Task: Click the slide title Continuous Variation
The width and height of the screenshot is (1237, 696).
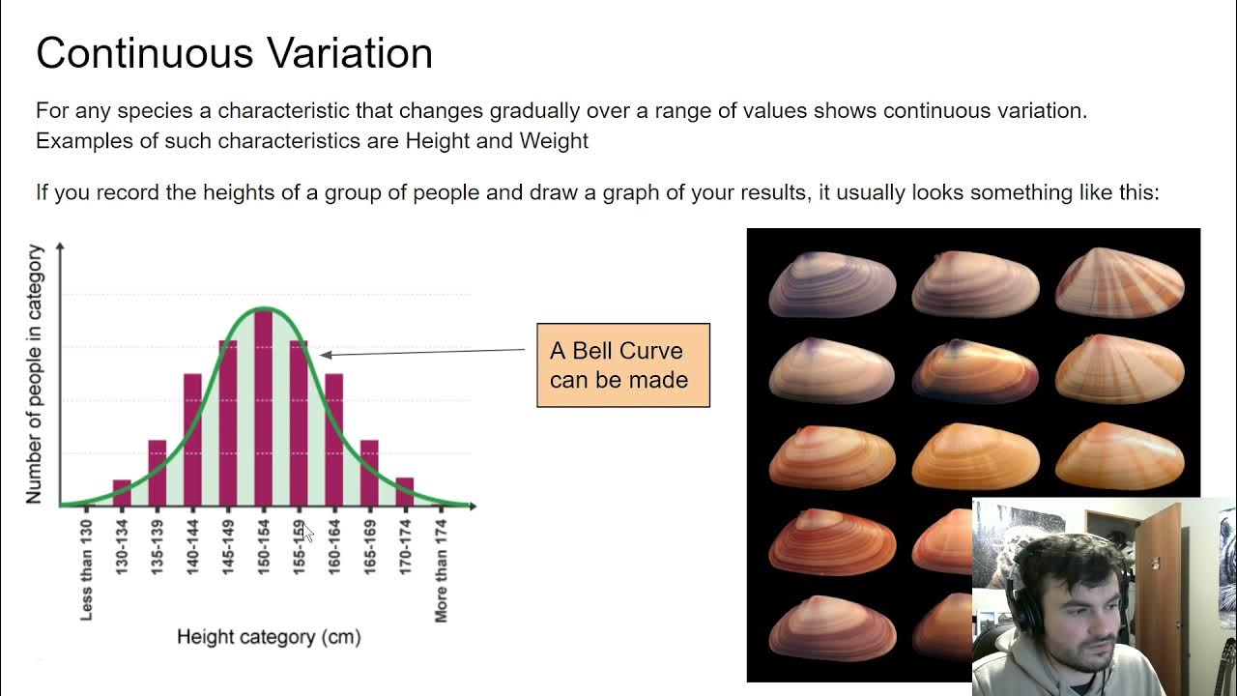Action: pyautogui.click(x=234, y=53)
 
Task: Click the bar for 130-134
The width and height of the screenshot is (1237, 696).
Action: pyautogui.click(x=122, y=492)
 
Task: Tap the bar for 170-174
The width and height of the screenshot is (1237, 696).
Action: pyautogui.click(x=405, y=491)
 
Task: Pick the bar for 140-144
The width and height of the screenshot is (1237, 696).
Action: pyautogui.click(x=192, y=439)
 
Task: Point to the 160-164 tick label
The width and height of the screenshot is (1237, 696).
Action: pyautogui.click(x=334, y=548)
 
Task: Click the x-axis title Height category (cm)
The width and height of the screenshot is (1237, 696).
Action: pyautogui.click(x=269, y=637)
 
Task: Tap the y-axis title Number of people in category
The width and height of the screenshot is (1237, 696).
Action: pyautogui.click(x=35, y=374)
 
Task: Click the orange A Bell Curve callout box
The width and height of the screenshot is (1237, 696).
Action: pyautogui.click(x=622, y=365)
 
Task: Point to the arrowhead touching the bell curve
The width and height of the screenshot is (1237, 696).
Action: pyautogui.click(x=326, y=355)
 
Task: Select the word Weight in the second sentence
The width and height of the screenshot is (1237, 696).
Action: pyautogui.click(x=554, y=141)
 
